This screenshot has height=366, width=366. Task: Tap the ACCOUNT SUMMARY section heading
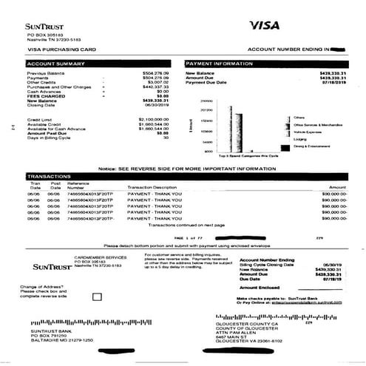pos(53,64)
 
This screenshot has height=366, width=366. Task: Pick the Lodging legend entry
pos(299,138)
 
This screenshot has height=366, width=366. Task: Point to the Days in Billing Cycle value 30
pos(166,138)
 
